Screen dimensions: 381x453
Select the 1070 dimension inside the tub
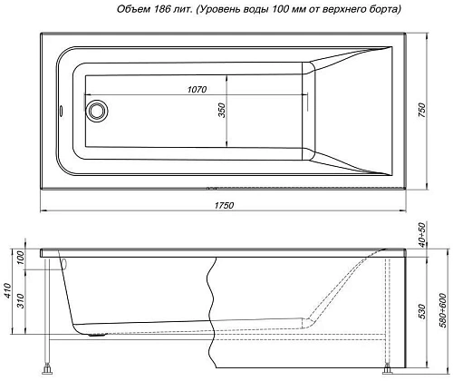pyautogui.click(x=198, y=89)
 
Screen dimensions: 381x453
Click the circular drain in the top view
pyautogui.click(x=96, y=112)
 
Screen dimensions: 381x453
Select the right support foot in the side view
pyautogui.click(x=388, y=368)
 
